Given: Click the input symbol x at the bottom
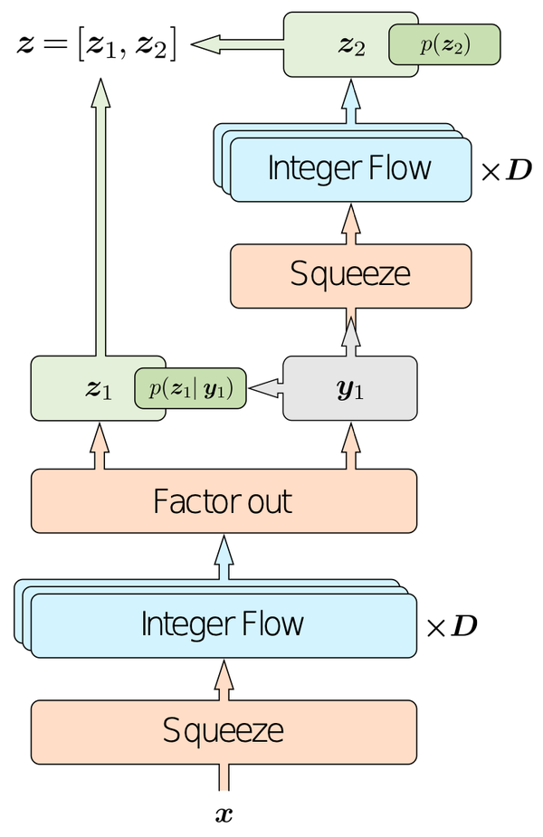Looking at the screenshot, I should [224, 813].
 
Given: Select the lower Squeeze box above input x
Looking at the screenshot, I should [224, 730].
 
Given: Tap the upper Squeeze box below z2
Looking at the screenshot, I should [350, 274].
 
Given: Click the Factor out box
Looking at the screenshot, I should [224, 500].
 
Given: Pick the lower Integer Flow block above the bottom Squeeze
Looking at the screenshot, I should [223, 624].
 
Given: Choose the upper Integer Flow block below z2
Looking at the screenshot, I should [350, 168].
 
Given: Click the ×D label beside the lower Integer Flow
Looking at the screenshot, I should [452, 625].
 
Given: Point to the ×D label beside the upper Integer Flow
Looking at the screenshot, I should [506, 169].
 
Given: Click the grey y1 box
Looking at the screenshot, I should [350, 389].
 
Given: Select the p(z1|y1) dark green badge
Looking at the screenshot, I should [190, 389].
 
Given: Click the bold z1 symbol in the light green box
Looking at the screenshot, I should [98, 389].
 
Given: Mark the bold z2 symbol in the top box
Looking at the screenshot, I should [351, 46].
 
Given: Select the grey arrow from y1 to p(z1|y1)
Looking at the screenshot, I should [265, 388].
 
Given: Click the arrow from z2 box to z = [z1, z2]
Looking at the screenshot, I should [235, 43].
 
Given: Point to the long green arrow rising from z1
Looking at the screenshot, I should [100, 217].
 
